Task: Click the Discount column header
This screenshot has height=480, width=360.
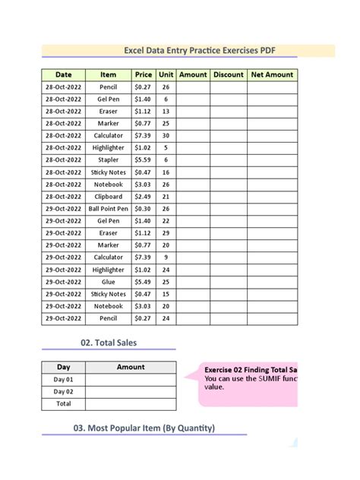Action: tap(229, 75)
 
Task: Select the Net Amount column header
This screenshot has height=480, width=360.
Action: tap(272, 75)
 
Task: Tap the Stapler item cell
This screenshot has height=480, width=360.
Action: tap(108, 160)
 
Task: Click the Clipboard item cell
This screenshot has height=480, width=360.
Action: tap(108, 197)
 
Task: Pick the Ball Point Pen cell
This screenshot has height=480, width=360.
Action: tap(108, 209)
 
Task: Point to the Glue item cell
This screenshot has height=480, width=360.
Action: tap(108, 282)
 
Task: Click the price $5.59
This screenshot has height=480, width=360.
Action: tap(143, 160)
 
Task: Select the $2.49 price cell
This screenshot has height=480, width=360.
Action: tap(143, 197)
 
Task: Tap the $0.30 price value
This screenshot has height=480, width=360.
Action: tap(143, 209)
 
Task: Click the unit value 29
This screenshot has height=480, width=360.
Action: tap(166, 233)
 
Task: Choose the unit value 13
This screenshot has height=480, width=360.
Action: tap(166, 112)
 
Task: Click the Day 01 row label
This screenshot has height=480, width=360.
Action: tap(64, 380)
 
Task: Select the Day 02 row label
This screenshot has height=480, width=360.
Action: tap(64, 392)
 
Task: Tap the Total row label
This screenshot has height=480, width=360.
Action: tap(64, 404)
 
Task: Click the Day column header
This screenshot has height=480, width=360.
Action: tap(64, 367)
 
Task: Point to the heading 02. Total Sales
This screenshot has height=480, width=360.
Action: tap(108, 343)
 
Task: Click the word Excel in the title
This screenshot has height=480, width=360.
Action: tap(137, 51)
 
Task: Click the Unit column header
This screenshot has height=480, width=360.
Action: tap(166, 75)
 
